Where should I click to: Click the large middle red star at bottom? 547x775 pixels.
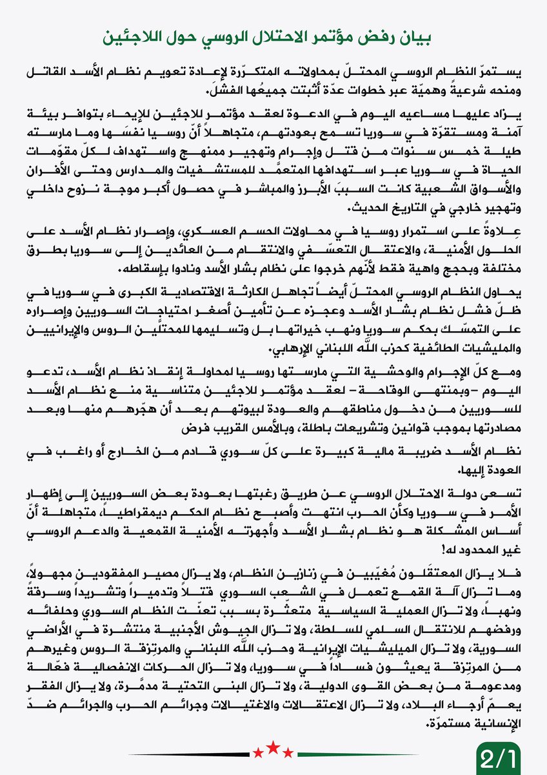coord(273,749)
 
